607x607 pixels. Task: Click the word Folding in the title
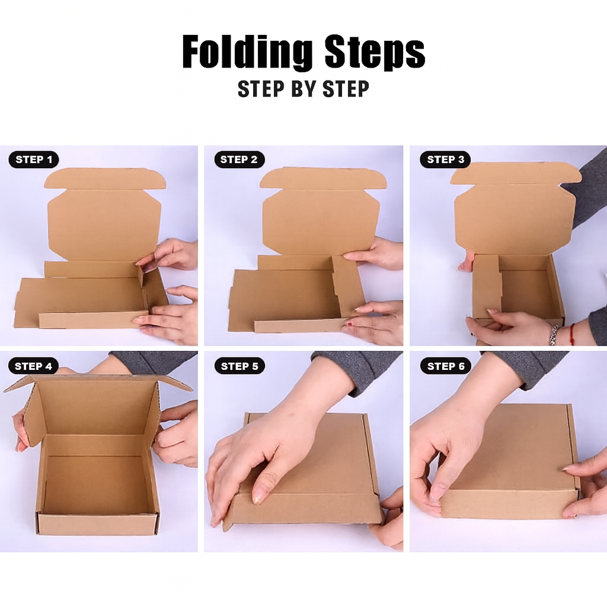coord(247,52)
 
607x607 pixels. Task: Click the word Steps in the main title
coord(375,52)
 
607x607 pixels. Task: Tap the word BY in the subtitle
coord(303,89)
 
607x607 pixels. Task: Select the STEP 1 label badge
coord(34,159)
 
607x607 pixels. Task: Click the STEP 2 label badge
coord(239,159)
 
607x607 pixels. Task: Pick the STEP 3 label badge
coord(445,159)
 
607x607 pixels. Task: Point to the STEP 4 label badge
coord(33,366)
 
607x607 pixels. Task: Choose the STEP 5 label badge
coord(239,366)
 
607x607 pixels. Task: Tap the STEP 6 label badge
coord(446,366)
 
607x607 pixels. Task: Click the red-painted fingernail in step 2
coord(349,324)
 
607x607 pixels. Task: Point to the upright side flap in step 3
coord(486,286)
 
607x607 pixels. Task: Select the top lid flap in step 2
coord(323,178)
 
